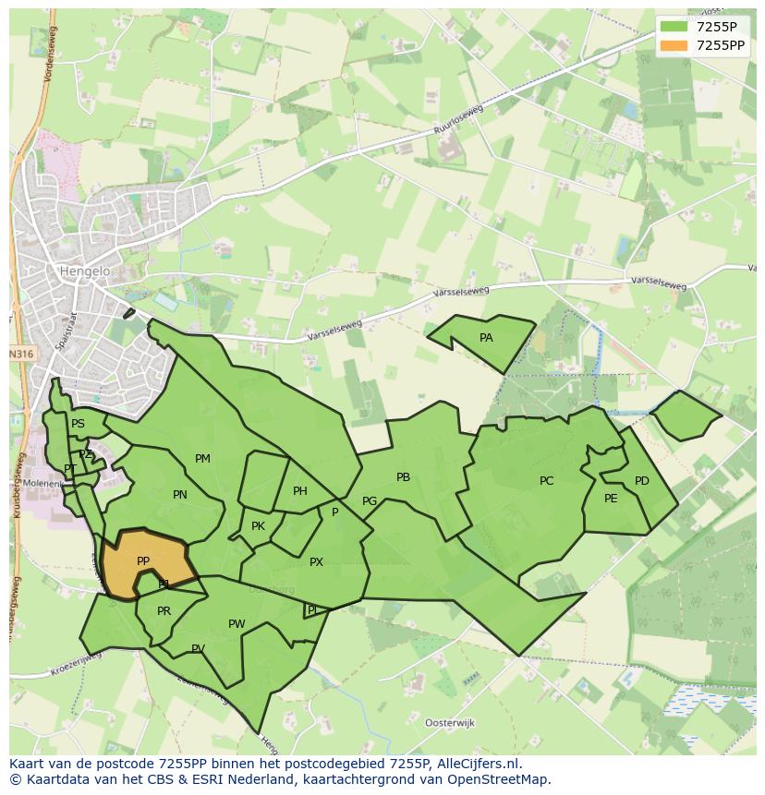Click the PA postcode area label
pyautogui.click(x=486, y=338)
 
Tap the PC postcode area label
pyautogui.click(x=546, y=480)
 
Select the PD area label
pyautogui.click(x=642, y=481)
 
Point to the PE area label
pyautogui.click(x=611, y=499)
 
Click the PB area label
pyautogui.click(x=403, y=477)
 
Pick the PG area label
pyautogui.click(x=370, y=501)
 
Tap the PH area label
pyautogui.click(x=300, y=491)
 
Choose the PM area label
pyautogui.click(x=202, y=459)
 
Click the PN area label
pyautogui.click(x=180, y=495)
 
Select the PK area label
pyautogui.click(x=258, y=526)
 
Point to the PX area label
pyautogui.click(x=316, y=561)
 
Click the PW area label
pyautogui.click(x=237, y=624)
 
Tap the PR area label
pyautogui.click(x=164, y=611)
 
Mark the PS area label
pyautogui.click(x=78, y=424)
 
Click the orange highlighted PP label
pyautogui.click(x=143, y=561)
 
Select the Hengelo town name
pyautogui.click(x=84, y=271)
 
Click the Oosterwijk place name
pyautogui.click(x=449, y=722)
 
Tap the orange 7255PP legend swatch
pyautogui.click(x=674, y=45)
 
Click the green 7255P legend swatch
pyautogui.click(x=674, y=27)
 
